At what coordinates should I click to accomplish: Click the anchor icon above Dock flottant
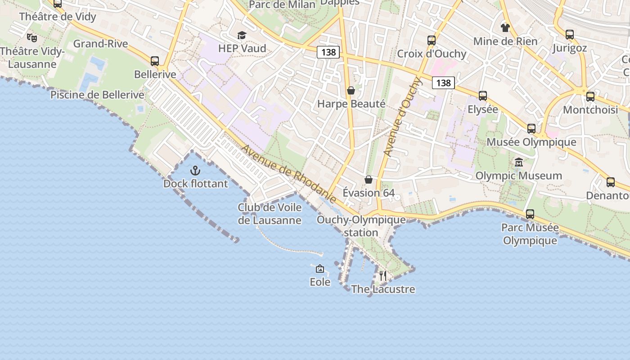pos(195,171)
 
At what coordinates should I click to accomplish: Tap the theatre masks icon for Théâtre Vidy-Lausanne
pos(31,37)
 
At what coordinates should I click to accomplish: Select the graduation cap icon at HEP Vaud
pos(242,35)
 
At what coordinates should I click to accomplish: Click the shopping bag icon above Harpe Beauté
pos(351,91)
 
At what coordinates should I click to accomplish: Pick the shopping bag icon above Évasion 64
pos(369,180)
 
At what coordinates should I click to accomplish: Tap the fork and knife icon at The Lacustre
pos(383,275)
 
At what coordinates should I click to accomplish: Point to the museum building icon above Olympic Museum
pos(519,162)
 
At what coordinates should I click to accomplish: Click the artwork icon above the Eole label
pos(320,269)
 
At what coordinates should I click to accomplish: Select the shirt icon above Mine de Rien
pos(505,28)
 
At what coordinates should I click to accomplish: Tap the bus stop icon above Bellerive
pos(155,61)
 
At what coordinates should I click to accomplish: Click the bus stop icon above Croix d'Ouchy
pos(432,40)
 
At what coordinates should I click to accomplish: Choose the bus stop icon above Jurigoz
pos(570,35)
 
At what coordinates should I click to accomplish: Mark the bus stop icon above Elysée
pos(483,96)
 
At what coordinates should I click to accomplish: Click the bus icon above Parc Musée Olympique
pos(530,214)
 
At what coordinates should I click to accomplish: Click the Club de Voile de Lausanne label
pos(270,214)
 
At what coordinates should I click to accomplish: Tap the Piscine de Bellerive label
pos(97,95)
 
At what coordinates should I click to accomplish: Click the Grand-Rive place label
pos(101,44)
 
